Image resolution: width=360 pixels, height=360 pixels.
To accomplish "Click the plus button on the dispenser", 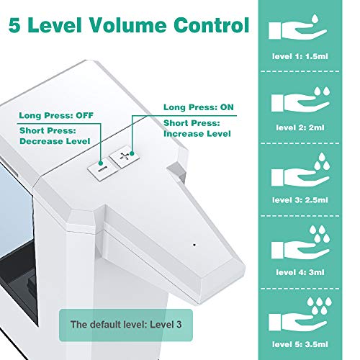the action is [x=125, y=158].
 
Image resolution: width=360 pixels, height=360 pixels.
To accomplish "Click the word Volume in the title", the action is [x=128, y=25].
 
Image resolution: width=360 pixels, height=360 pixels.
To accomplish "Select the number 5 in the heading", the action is [x=14, y=25].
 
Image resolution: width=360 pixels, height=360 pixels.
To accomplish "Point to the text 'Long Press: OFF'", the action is [x=56, y=115].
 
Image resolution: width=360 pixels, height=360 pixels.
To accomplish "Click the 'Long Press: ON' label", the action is [x=199, y=107].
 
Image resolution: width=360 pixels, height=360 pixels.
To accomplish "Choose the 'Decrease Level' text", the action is [x=55, y=141].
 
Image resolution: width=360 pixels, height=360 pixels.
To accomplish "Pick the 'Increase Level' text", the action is [x=197, y=134].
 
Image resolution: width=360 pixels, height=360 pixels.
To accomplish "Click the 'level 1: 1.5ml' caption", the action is [x=300, y=56].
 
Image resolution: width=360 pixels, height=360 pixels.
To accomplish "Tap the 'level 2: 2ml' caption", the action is [x=300, y=127].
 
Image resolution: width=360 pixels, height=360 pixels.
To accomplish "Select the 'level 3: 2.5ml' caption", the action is [x=300, y=200].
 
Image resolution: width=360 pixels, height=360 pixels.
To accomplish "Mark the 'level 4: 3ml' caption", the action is [x=300, y=272].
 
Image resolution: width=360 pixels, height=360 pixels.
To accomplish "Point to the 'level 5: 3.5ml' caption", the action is [x=300, y=344].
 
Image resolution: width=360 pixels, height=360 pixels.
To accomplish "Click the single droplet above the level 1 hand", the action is [x=315, y=19].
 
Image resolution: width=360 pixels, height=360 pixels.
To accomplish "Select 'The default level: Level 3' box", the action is [x=126, y=325].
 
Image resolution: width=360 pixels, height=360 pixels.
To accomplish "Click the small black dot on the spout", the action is [x=194, y=245].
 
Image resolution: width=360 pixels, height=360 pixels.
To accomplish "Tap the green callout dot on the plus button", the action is [x=132, y=153].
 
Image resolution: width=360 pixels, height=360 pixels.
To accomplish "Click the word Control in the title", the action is [x=212, y=25].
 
